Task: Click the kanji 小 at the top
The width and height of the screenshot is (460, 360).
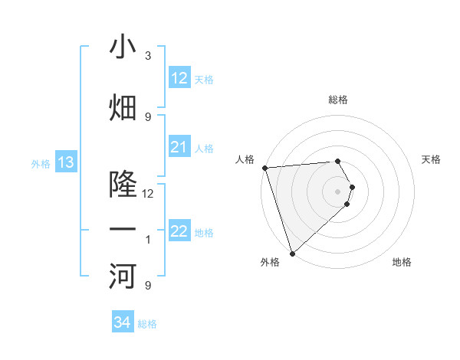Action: click(x=123, y=47)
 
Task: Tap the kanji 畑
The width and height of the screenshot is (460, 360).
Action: click(x=123, y=108)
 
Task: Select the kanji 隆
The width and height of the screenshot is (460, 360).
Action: click(x=123, y=185)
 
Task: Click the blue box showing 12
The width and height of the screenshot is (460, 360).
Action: click(x=179, y=78)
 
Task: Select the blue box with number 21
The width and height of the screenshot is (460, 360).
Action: click(x=179, y=147)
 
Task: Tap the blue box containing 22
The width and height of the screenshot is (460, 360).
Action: click(x=179, y=231)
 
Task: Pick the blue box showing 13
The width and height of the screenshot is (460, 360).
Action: click(x=66, y=162)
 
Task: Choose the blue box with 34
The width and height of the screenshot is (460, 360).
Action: click(x=123, y=322)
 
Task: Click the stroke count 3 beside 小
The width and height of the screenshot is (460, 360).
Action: click(x=148, y=56)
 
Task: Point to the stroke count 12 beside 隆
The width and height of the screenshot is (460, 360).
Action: click(x=148, y=194)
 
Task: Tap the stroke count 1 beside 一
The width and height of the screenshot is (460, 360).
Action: click(x=148, y=241)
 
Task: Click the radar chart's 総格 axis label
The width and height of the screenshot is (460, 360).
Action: click(x=338, y=100)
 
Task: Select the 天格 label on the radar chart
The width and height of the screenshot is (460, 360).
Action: click(x=432, y=159)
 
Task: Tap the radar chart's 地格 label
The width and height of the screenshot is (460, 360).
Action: click(x=402, y=262)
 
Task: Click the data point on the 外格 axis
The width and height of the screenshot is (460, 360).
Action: click(x=292, y=254)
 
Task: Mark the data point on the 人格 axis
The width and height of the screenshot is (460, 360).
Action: click(x=264, y=168)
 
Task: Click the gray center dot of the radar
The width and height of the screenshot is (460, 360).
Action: click(x=338, y=191)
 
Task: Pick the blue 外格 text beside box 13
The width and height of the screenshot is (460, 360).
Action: click(x=40, y=163)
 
